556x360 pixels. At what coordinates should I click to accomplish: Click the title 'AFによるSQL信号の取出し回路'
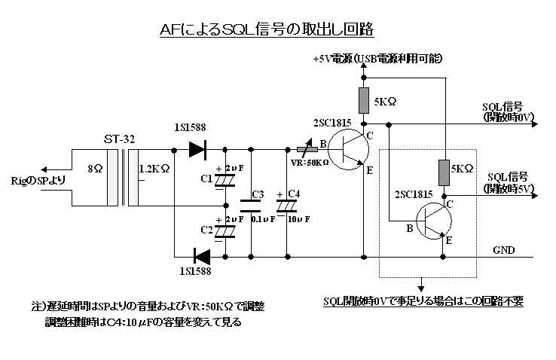tap(267, 29)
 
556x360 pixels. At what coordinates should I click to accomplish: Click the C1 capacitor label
tap(206, 179)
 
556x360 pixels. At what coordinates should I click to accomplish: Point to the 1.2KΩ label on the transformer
tap(154, 169)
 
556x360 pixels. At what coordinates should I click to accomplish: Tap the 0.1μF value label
tap(258, 220)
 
